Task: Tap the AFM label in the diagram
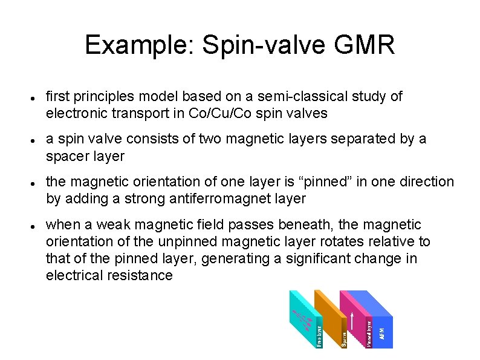tap(381, 333)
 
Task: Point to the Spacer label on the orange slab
tap(344, 338)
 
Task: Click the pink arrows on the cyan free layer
tap(301, 316)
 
